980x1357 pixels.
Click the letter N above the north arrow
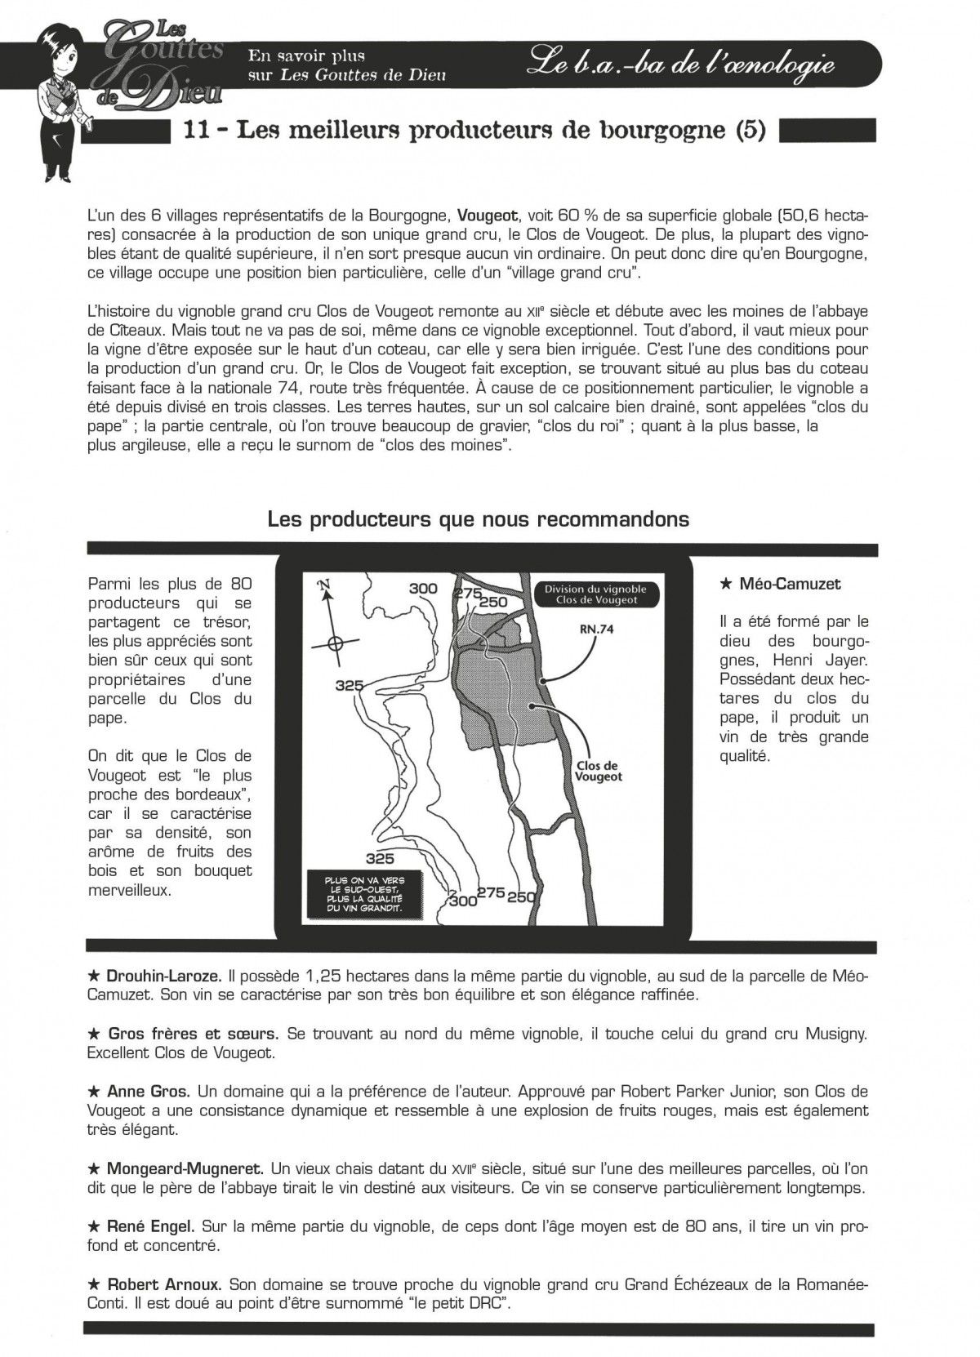324,585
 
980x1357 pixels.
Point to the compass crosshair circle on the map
334,643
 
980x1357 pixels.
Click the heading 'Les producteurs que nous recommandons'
478,519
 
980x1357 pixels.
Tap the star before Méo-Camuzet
725,585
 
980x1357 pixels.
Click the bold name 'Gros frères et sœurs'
192,1034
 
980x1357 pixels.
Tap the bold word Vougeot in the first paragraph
488,216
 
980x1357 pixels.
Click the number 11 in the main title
199,131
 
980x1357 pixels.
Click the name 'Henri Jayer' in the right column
759,661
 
